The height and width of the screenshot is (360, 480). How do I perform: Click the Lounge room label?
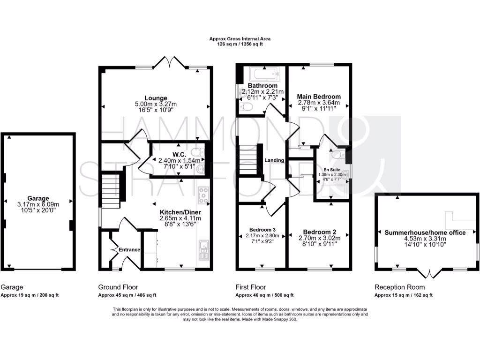tap(156, 98)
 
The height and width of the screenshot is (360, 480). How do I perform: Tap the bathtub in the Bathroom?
tap(264, 74)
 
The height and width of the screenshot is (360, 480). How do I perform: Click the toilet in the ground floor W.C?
tap(201, 152)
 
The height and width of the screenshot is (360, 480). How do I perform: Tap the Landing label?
tap(275, 160)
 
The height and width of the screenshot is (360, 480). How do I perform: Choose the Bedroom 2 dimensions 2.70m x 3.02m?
tap(320, 238)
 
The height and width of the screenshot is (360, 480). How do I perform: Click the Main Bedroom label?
tap(319, 97)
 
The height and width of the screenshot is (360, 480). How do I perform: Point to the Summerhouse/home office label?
tap(425, 232)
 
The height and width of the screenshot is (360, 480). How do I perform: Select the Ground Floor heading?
tap(118, 287)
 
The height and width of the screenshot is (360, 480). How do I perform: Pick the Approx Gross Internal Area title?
tap(240, 39)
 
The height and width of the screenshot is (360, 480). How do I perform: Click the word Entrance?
tap(130, 250)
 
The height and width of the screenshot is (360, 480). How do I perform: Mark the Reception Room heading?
tap(400, 287)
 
